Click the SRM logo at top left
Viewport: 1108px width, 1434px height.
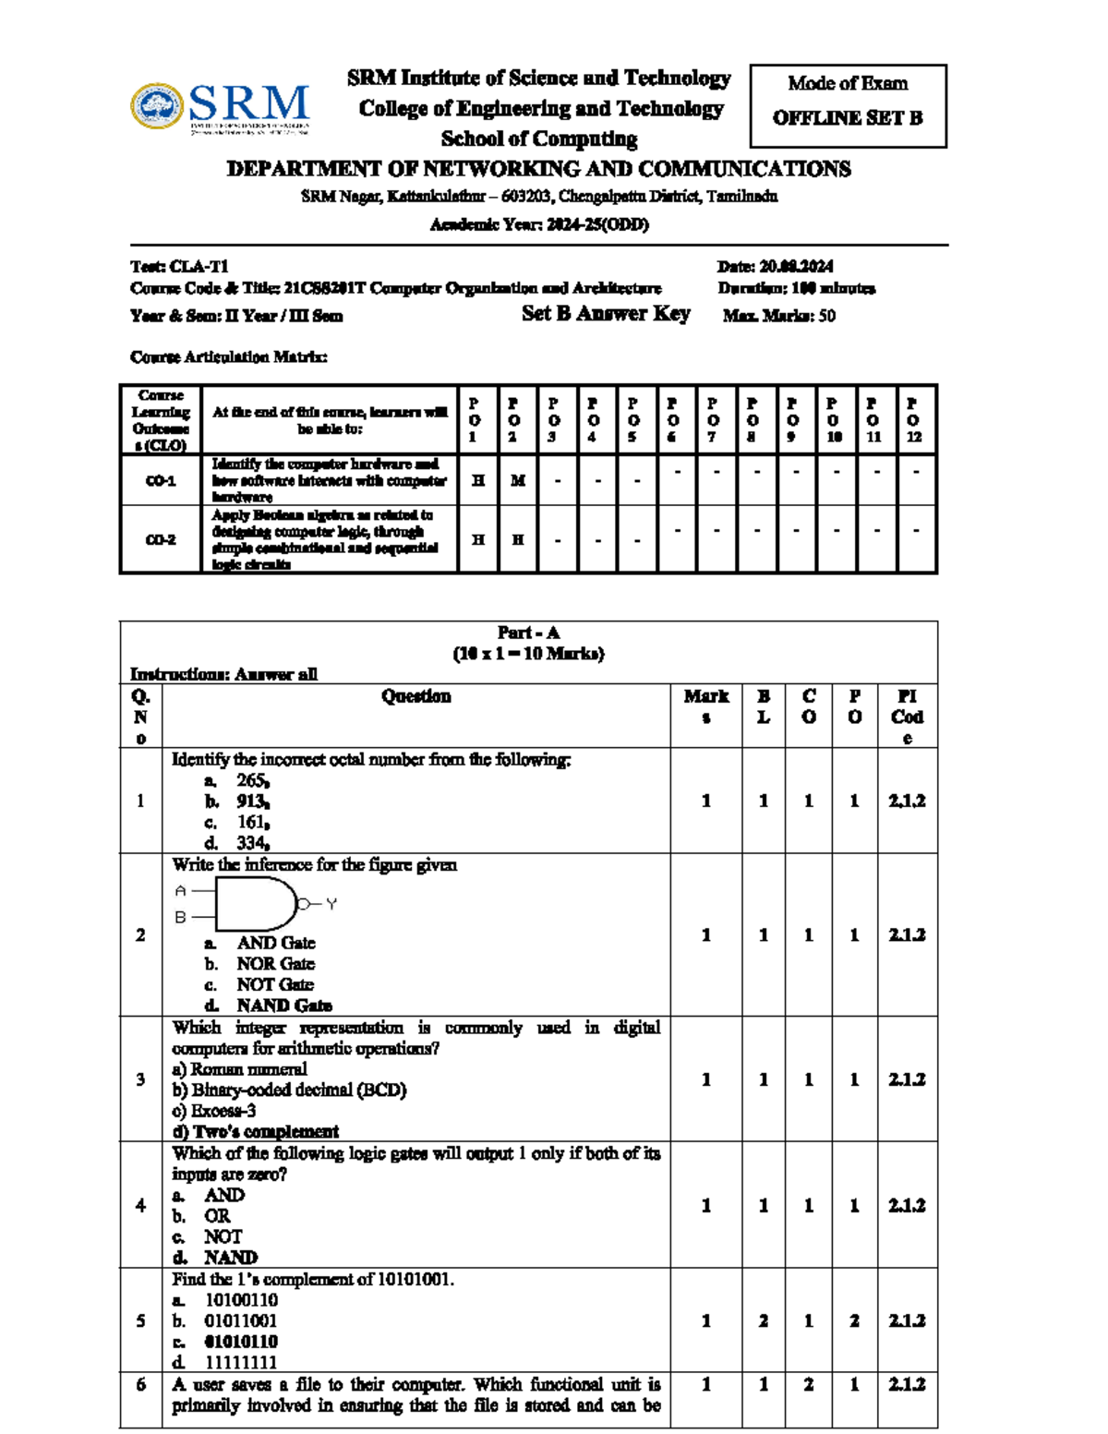tap(220, 107)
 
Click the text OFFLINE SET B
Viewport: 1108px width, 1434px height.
tap(848, 118)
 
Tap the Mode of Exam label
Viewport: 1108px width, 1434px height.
tap(848, 83)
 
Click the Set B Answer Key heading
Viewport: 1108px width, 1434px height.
tap(606, 314)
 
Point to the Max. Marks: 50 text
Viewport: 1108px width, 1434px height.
tap(779, 316)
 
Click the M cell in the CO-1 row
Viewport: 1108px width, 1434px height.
tap(518, 480)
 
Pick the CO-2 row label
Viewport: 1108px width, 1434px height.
tap(161, 539)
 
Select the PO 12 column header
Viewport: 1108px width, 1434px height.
tap(914, 420)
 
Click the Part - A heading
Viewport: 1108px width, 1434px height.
tap(528, 633)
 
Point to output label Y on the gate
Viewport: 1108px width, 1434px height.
tap(331, 904)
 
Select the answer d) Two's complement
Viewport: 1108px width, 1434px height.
tap(256, 1131)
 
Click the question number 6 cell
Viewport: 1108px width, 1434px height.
tap(140, 1385)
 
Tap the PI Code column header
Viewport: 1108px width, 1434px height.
tap(907, 716)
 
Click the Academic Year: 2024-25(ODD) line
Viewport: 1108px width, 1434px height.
tap(539, 224)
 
